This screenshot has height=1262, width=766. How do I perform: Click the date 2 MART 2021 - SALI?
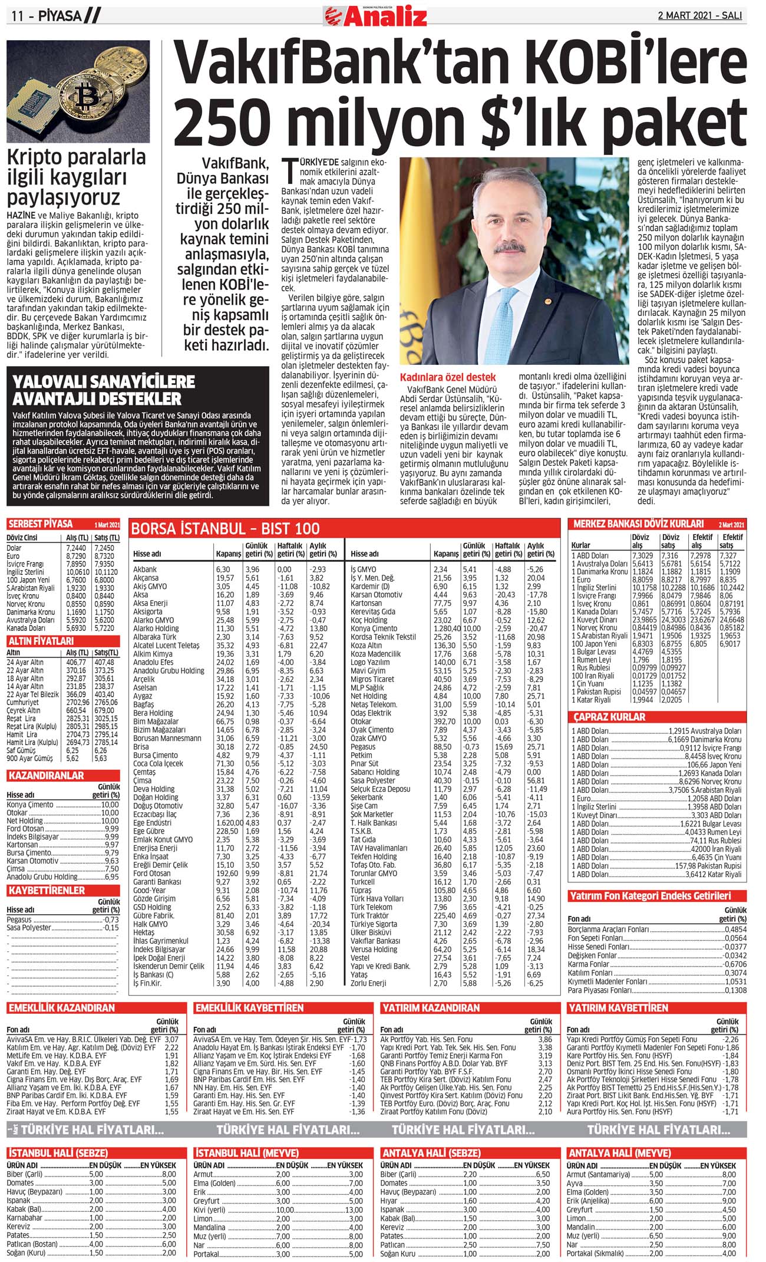(699, 15)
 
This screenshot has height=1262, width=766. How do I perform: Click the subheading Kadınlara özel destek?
(447, 377)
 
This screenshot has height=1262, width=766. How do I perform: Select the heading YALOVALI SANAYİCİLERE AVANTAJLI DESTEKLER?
(97, 390)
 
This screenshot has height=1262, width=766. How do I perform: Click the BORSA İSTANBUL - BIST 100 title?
(225, 528)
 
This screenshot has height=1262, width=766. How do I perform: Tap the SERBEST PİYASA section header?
(41, 524)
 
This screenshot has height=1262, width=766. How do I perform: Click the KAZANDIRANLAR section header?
(46, 775)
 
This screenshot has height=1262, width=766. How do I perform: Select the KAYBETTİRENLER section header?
(47, 890)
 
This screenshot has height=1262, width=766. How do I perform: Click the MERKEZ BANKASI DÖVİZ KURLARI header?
(638, 523)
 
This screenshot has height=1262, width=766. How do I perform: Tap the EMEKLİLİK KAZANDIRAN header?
(62, 1008)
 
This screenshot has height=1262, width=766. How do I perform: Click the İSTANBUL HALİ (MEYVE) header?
(247, 1152)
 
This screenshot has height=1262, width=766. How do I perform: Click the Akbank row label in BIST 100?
(145, 569)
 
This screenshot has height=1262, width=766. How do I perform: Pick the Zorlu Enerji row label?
(368, 983)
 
